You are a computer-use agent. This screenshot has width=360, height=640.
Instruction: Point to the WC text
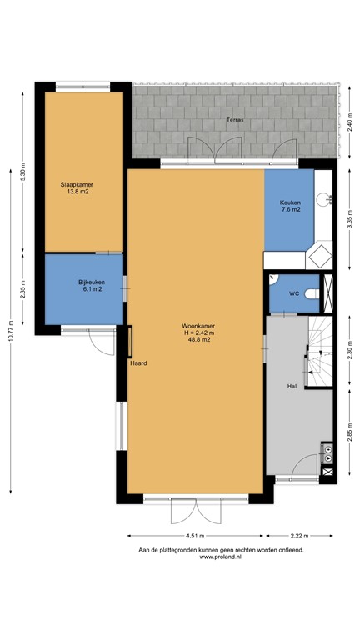(293, 293)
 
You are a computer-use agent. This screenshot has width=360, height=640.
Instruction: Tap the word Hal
(292, 386)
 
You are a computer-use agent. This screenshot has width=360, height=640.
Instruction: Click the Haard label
(137, 363)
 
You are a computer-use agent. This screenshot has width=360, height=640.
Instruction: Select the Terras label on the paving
(236, 122)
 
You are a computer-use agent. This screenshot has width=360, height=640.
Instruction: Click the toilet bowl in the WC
(311, 293)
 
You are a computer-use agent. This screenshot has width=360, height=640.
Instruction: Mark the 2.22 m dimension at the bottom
(300, 536)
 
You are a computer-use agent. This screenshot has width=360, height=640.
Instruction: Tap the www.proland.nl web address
(220, 557)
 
